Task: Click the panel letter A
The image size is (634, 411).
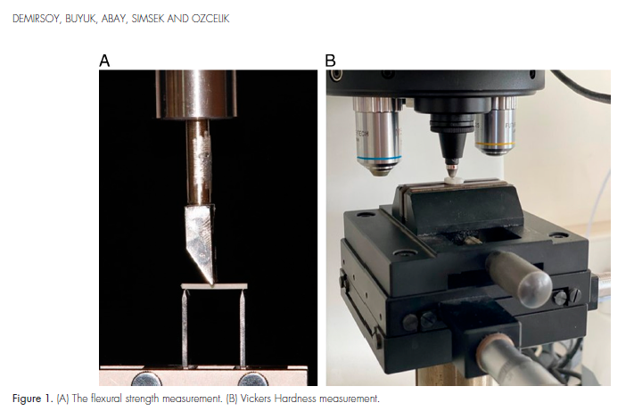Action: pyautogui.click(x=104, y=61)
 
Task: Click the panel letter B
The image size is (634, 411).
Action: pyautogui.click(x=330, y=61)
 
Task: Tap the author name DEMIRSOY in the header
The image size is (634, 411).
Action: pyautogui.click(x=36, y=19)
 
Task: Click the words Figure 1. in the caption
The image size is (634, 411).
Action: pyautogui.click(x=33, y=399)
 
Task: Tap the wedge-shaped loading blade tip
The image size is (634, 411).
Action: pyautogui.click(x=211, y=282)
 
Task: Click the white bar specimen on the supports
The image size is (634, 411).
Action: pyautogui.click(x=214, y=286)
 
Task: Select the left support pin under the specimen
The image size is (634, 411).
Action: pyautogui.click(x=185, y=328)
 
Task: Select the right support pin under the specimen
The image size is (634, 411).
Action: pyautogui.click(x=243, y=328)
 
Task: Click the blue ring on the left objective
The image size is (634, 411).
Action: pyautogui.click(x=379, y=157)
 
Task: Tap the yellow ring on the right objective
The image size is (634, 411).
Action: pyautogui.click(x=495, y=143)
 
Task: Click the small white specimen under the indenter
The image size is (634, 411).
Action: pyautogui.click(x=451, y=180)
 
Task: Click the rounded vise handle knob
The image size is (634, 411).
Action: pyautogui.click(x=534, y=289)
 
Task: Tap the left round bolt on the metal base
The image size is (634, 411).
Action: pyautogui.click(x=146, y=380)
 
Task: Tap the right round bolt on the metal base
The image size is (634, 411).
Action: pyautogui.click(x=252, y=380)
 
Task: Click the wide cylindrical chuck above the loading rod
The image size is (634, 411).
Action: pyautogui.click(x=196, y=95)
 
